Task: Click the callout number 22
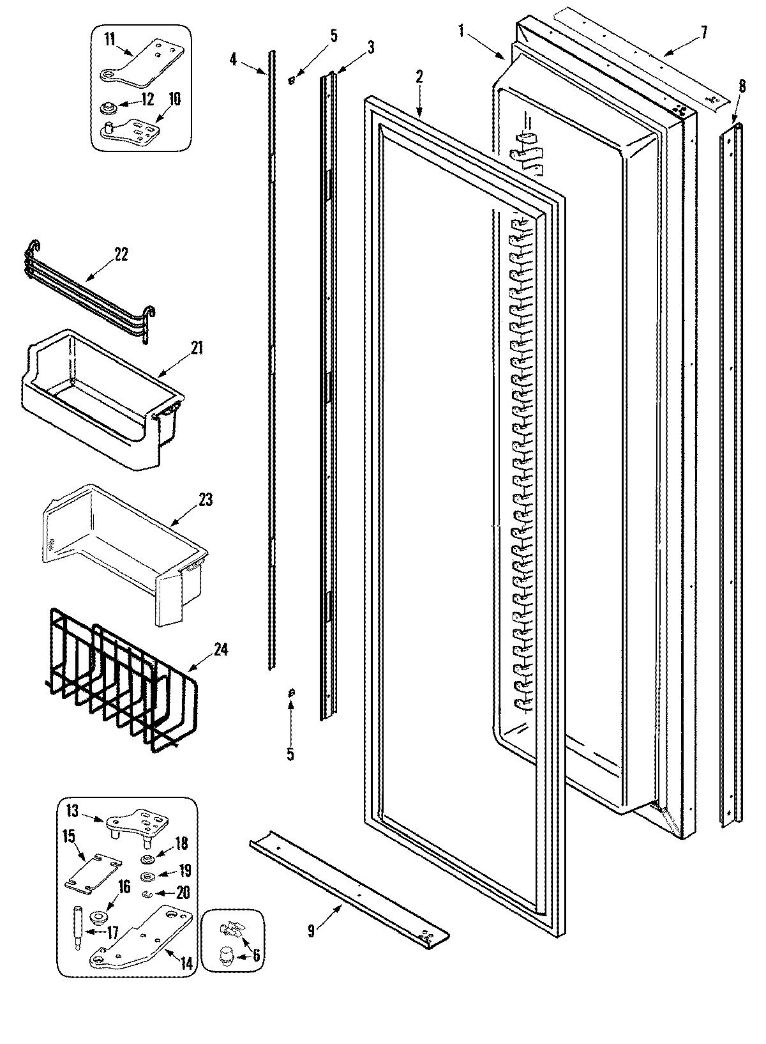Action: pos(121,254)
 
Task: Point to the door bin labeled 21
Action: pos(96,409)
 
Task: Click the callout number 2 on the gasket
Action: pos(419,77)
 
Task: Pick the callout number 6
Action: pos(256,955)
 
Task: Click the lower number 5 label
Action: pos(290,754)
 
